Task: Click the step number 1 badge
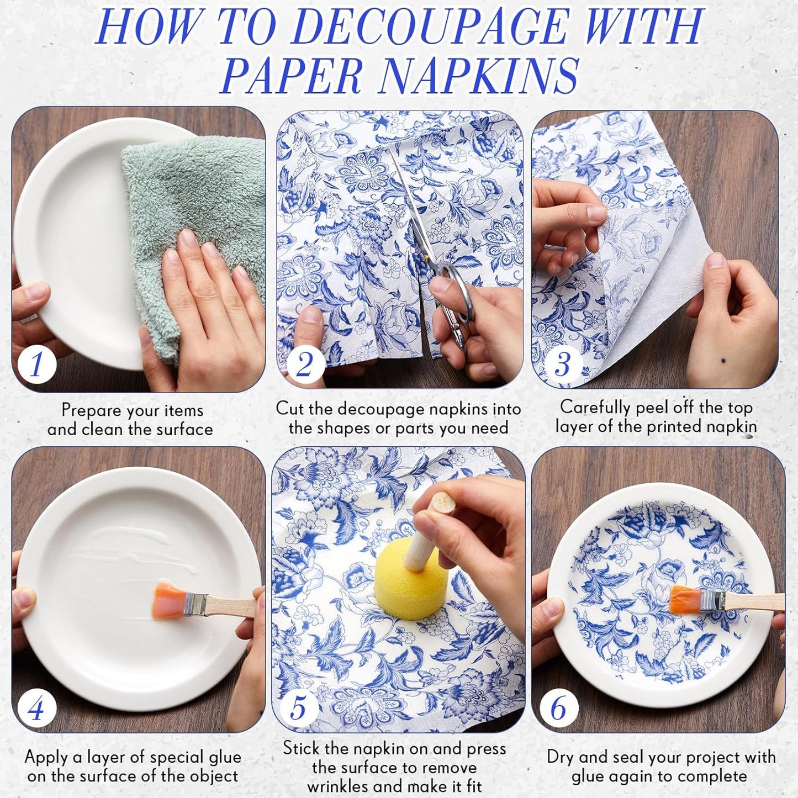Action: coord(36,364)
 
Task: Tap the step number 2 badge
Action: coord(304,364)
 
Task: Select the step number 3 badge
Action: coord(562,364)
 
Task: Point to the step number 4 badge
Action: coord(36,707)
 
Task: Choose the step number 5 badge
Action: coord(298,707)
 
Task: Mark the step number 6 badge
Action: coord(558,707)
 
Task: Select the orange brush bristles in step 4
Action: coord(169,601)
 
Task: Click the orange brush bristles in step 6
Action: coord(684,600)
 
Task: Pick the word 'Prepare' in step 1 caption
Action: coord(91,410)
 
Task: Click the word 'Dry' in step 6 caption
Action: coord(559,757)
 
